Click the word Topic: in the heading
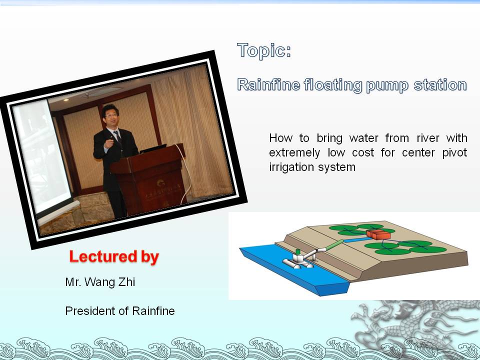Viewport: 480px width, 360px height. [x=264, y=50]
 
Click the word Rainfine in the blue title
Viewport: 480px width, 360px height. [x=268, y=84]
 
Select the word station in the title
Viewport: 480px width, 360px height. [x=440, y=85]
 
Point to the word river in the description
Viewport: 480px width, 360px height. [x=427, y=138]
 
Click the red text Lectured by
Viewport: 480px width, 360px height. [x=114, y=256]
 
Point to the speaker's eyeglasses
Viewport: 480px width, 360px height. [x=111, y=115]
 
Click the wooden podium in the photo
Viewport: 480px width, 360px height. [x=148, y=179]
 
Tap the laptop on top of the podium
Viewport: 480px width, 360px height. [x=152, y=148]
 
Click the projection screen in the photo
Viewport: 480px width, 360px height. [x=43, y=156]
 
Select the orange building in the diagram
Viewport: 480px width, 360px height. [x=378, y=234]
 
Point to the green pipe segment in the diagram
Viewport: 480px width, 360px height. [x=334, y=244]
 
